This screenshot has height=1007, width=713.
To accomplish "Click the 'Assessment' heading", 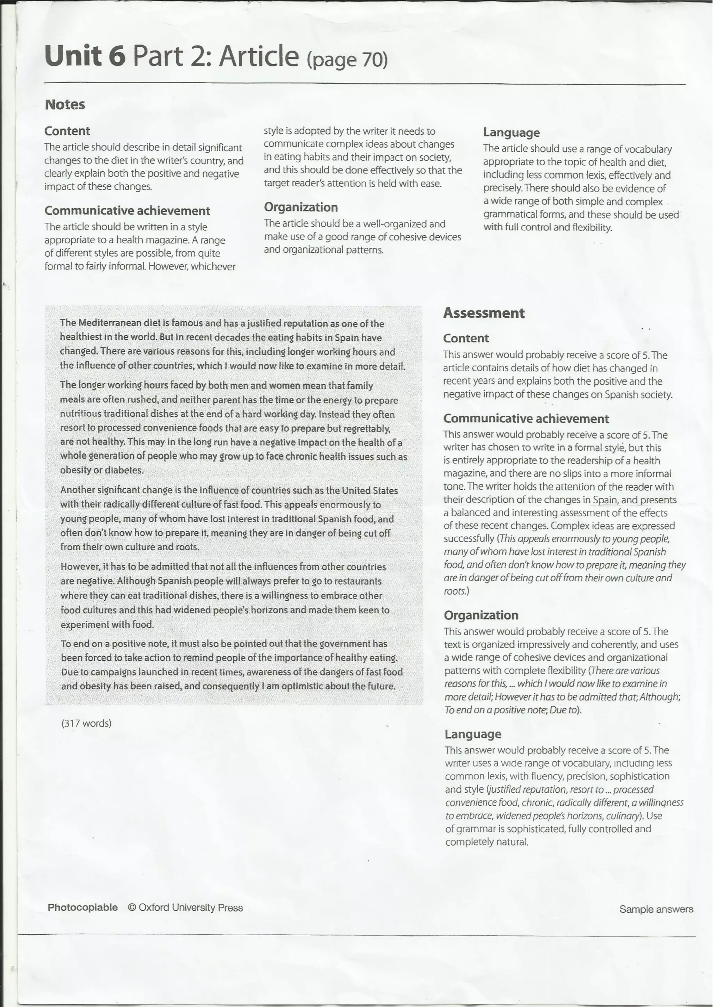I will [x=483, y=313].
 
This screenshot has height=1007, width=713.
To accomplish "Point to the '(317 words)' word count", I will [x=86, y=723].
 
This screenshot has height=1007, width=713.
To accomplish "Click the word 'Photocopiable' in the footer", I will [x=83, y=907].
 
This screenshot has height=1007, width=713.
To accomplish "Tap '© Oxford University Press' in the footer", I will [x=185, y=907].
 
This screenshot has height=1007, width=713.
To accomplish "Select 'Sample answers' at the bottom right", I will [x=656, y=909].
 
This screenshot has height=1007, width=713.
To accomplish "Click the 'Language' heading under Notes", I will [x=511, y=132].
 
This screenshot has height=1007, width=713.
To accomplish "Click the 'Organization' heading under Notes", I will [x=301, y=207].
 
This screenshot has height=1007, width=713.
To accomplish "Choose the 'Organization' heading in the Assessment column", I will [x=481, y=615].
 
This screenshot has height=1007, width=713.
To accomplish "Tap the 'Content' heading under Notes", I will [x=67, y=131].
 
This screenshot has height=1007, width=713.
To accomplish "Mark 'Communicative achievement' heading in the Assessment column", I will [x=526, y=418].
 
